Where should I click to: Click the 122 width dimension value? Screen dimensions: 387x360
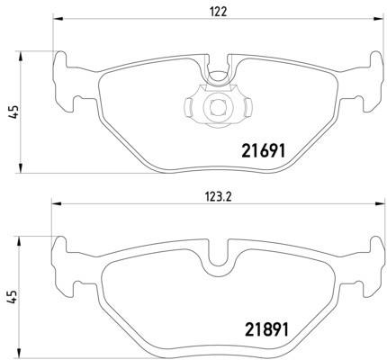pyautogui.click(x=218, y=12)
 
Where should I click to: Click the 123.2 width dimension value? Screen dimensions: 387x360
pyautogui.click(x=218, y=197)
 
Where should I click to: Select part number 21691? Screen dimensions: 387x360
pyautogui.click(x=263, y=150)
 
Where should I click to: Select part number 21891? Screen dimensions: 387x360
pyautogui.click(x=266, y=329)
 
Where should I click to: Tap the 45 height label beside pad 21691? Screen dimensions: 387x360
pyautogui.click(x=14, y=112)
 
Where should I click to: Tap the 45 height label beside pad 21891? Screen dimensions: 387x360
pyautogui.click(x=13, y=296)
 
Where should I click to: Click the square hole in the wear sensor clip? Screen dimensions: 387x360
pyautogui.click(x=218, y=107)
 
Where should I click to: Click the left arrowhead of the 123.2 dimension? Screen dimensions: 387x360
pyautogui.click(x=57, y=204)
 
